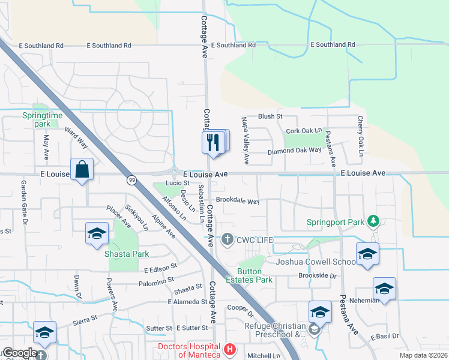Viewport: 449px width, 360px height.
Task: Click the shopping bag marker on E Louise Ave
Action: click(82, 169)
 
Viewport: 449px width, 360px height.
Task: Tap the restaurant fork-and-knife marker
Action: click(212, 143)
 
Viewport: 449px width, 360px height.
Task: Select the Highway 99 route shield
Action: click(131, 180)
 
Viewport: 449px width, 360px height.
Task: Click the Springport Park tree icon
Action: click(373, 221)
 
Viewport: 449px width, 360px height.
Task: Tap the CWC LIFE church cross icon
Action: click(227, 240)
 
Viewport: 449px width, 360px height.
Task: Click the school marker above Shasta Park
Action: click(96, 234)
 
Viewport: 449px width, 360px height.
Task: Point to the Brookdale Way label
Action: click(238, 202)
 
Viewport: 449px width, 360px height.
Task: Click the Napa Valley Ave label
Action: click(246, 141)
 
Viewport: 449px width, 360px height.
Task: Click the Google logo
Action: click(20, 353)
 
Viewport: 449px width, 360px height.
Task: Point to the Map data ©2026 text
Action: click(423, 355)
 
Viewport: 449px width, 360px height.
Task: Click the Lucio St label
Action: click(178, 182)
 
